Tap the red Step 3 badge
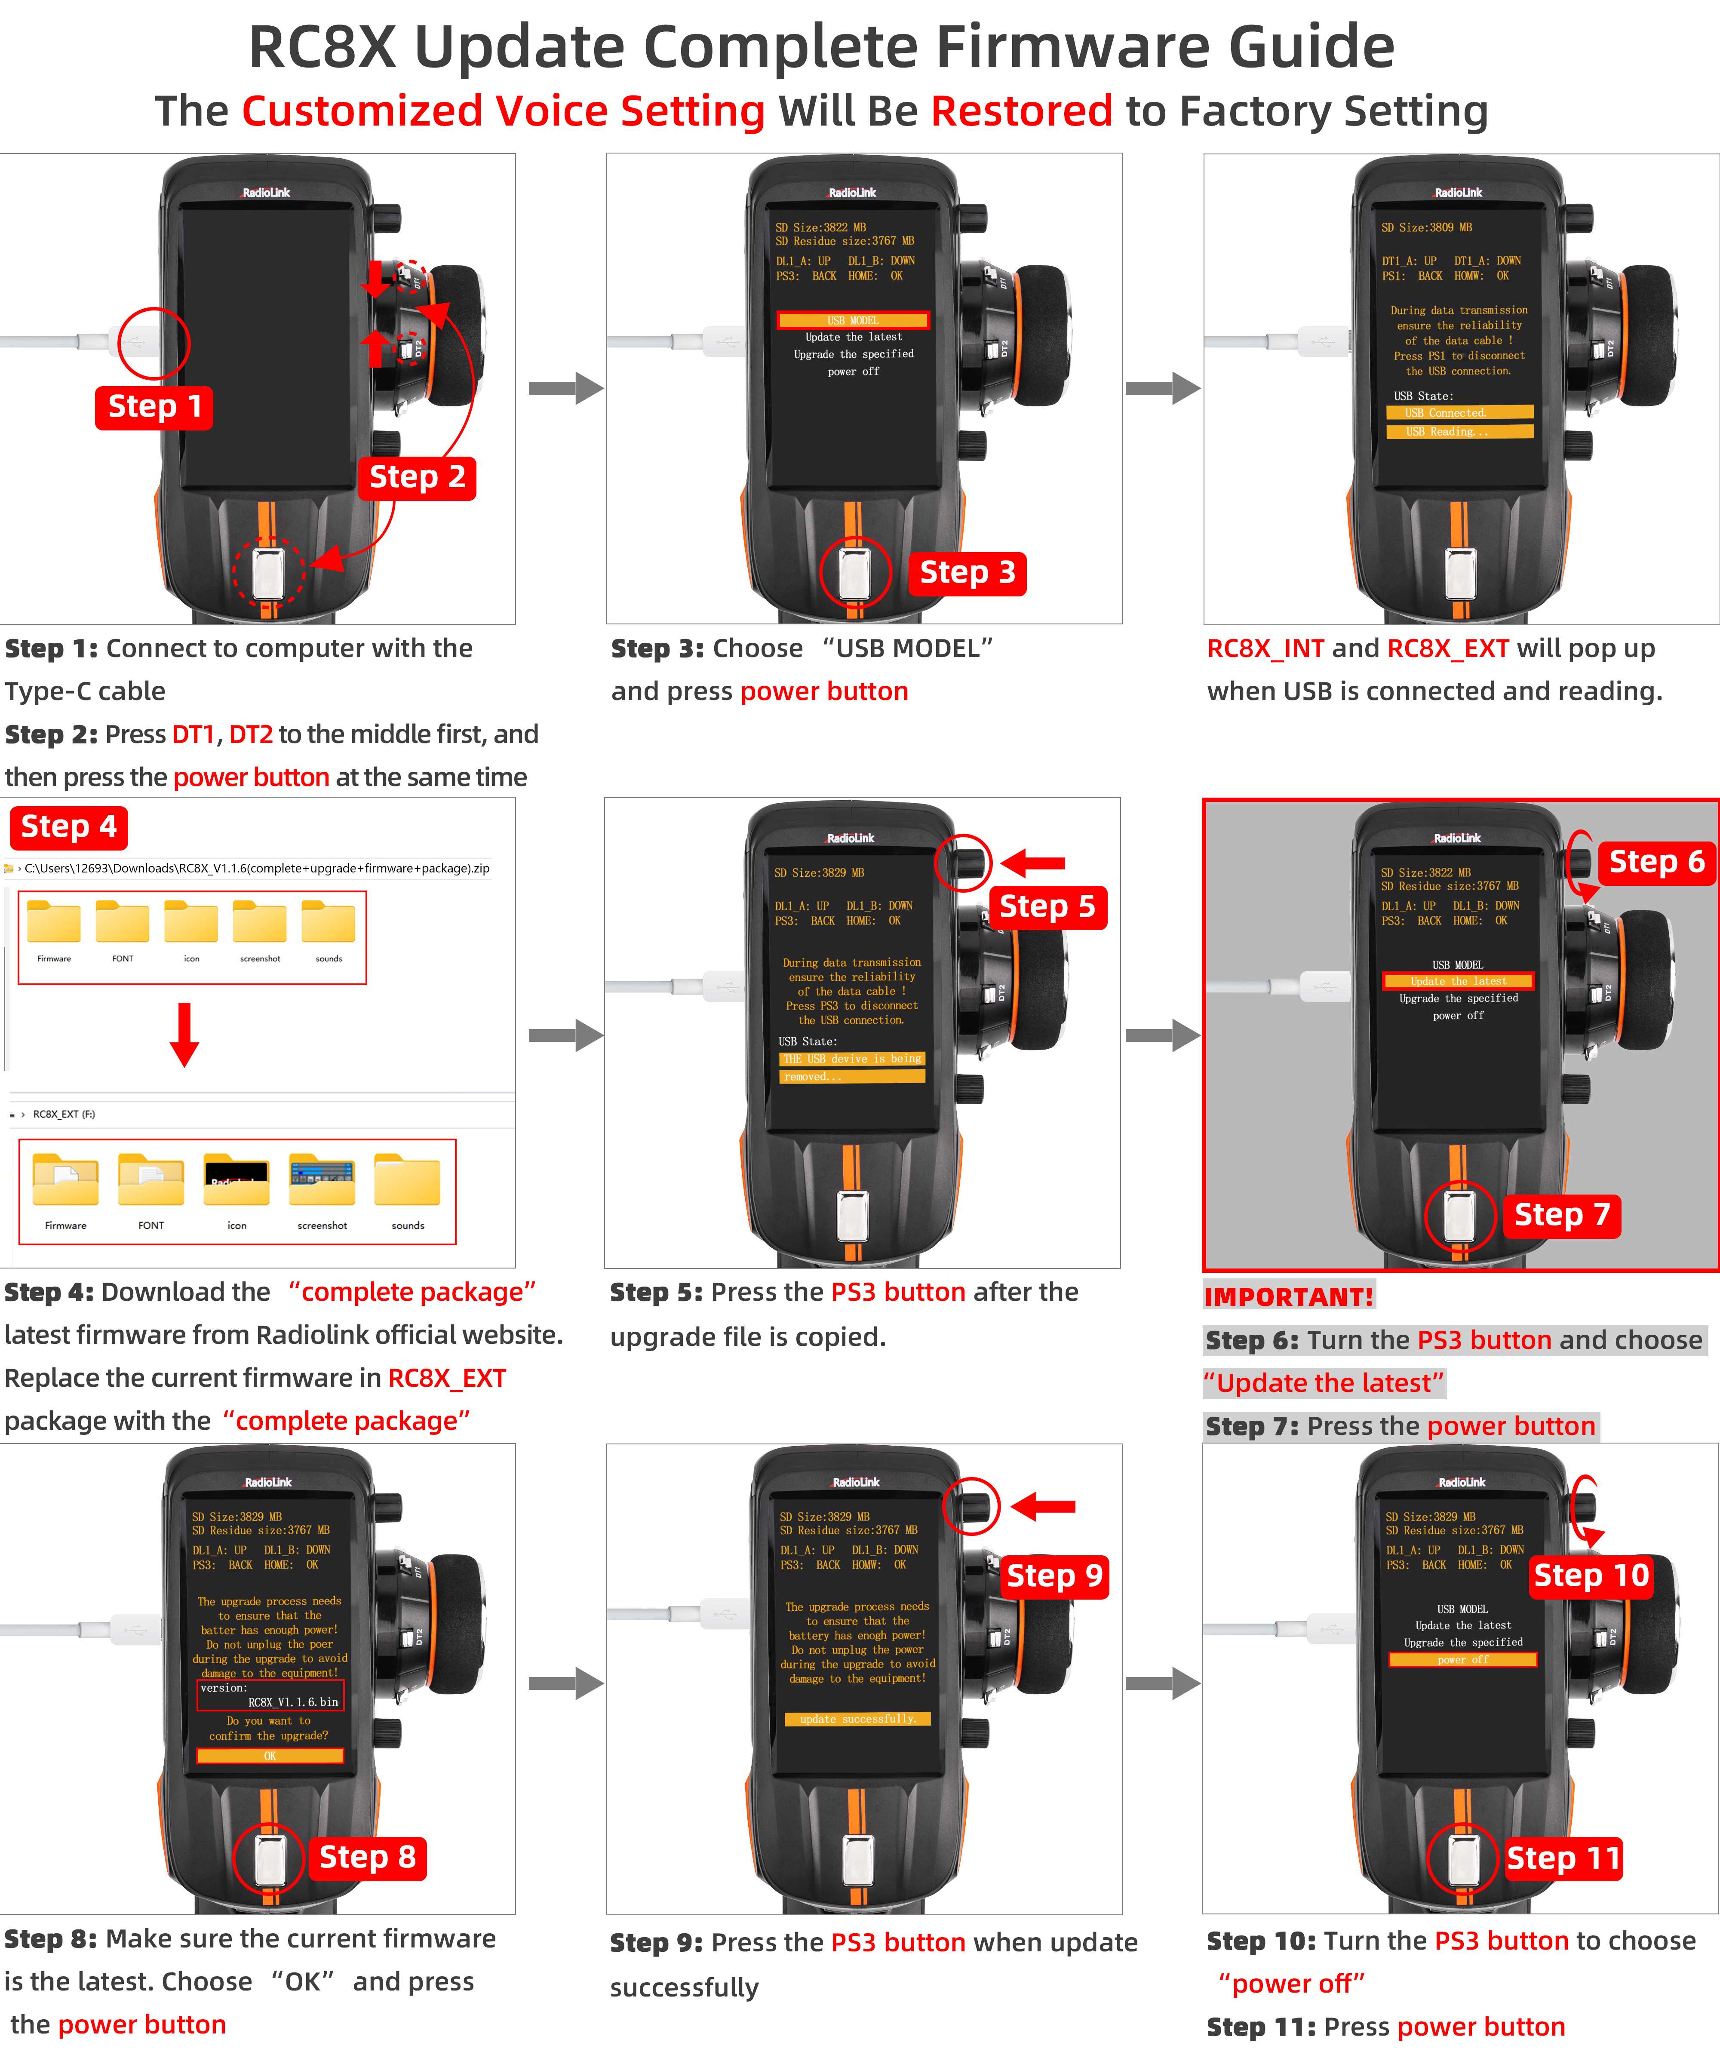tap(967, 573)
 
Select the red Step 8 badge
tap(368, 1857)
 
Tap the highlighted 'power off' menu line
tap(1462, 1659)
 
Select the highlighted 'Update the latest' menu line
tap(1458, 981)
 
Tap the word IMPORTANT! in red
tap(1289, 1296)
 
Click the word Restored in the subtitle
tap(1021, 111)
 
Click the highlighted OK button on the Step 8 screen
tap(270, 1755)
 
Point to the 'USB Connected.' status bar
tap(1459, 413)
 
